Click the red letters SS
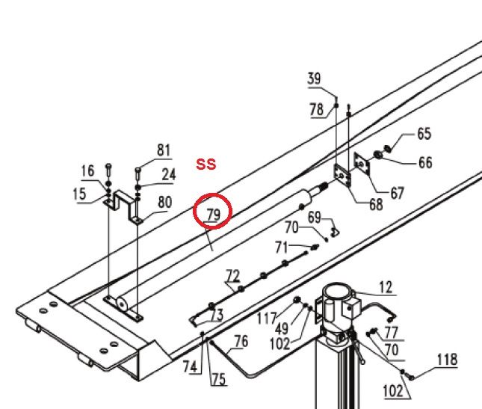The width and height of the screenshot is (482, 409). coord(206,164)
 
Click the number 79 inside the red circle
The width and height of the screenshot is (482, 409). coord(214,214)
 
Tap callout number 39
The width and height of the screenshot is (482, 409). coord(314,79)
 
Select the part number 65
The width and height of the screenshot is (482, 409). coord(424,134)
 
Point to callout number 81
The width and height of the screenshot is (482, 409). coord(164,150)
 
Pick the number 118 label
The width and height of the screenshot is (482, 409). coord(448,360)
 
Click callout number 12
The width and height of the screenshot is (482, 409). coord(386,288)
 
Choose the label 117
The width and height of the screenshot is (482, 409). coord(267,318)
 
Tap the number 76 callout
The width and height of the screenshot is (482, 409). coord(241,342)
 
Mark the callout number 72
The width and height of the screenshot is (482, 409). coord(232,276)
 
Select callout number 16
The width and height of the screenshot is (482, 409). coord(87,170)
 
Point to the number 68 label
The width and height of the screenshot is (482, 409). coord(376,204)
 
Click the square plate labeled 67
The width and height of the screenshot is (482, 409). coord(362,164)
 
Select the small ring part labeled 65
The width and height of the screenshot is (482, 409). coord(388,148)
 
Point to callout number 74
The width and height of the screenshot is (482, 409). coord(190,366)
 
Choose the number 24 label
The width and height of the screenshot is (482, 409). coord(169,175)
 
